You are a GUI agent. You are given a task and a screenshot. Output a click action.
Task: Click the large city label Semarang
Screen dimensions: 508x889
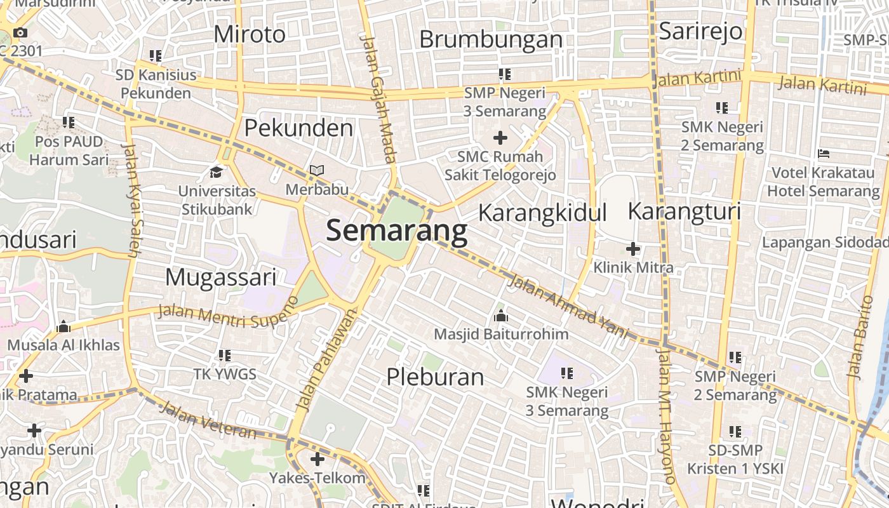click(x=397, y=232)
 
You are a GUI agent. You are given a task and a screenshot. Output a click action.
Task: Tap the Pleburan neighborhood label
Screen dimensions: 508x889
click(x=436, y=377)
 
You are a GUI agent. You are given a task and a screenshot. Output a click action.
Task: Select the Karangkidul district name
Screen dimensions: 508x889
click(x=542, y=213)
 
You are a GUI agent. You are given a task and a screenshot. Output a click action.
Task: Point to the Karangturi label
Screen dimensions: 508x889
click(x=684, y=211)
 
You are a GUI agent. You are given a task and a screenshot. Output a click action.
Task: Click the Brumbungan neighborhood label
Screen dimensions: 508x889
click(x=491, y=39)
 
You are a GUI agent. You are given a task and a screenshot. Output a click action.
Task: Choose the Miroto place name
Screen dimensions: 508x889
click(x=250, y=34)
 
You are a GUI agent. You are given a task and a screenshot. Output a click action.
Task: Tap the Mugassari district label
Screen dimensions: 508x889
click(x=221, y=277)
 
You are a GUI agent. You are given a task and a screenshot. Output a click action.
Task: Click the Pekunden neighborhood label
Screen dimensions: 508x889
click(x=298, y=128)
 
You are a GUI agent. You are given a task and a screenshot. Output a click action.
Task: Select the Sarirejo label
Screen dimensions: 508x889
click(x=700, y=30)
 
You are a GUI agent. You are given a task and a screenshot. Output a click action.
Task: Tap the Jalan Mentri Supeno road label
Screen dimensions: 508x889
click(x=227, y=312)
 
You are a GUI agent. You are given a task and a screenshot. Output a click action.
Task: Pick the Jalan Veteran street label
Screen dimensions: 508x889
click(x=208, y=420)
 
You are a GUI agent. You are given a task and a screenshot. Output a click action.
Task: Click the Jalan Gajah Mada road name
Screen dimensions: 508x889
click(x=377, y=98)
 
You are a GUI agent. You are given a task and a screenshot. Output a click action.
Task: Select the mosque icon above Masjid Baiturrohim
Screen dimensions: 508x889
click(x=501, y=316)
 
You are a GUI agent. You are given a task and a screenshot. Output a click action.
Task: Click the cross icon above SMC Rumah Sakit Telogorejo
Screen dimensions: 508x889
click(x=500, y=137)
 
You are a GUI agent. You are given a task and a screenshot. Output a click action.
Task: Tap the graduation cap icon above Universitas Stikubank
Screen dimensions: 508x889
click(x=217, y=172)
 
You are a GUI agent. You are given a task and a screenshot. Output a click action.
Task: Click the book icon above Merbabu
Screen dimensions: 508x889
click(x=316, y=170)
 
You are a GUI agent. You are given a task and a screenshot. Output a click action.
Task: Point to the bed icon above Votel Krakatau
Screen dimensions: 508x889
click(x=824, y=154)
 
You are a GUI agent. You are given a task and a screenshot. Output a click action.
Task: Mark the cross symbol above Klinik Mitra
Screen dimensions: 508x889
click(x=633, y=249)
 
